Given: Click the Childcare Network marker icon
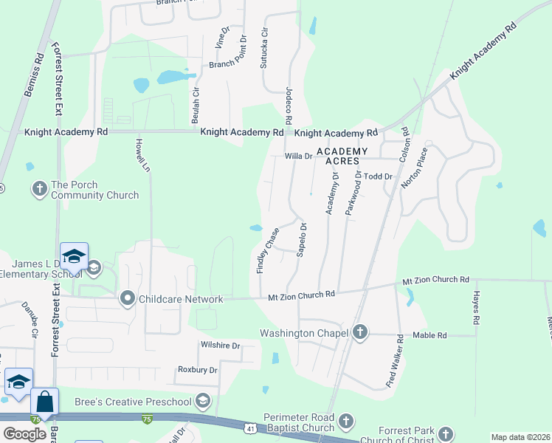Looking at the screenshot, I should point(128,299).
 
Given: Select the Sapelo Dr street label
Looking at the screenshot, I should point(301,239).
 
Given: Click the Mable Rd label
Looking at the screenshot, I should point(430,335).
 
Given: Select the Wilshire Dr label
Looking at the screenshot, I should point(221,346).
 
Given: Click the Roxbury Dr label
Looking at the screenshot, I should point(197,370).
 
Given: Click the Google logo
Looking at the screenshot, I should point(24,433).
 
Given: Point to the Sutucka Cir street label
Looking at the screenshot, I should point(263,49).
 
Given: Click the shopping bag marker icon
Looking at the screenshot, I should point(44,402).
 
